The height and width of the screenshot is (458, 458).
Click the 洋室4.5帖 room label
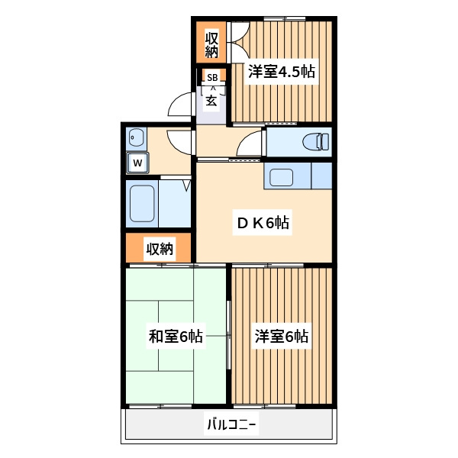(282, 72)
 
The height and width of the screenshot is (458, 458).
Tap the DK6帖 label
(263, 223)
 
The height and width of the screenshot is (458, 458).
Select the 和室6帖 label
(176, 336)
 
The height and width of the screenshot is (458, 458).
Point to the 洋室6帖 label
(282, 336)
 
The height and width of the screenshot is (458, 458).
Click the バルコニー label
(231, 424)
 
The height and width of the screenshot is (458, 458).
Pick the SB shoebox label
(212, 78)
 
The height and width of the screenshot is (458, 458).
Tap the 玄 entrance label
(211, 101)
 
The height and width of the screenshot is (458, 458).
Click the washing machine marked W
(137, 163)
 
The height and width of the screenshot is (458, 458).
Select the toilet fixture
(316, 142)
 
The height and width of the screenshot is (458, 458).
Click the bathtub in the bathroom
(142, 204)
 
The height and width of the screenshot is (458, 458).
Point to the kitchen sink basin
(281, 177)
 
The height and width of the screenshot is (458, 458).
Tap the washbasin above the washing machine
(137, 137)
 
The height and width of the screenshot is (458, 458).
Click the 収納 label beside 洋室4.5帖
(211, 45)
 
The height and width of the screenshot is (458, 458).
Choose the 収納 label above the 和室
(160, 249)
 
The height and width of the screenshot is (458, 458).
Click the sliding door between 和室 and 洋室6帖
(229, 336)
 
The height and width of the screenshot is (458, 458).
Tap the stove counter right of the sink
(321, 176)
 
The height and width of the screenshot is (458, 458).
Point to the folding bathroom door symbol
(187, 185)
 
